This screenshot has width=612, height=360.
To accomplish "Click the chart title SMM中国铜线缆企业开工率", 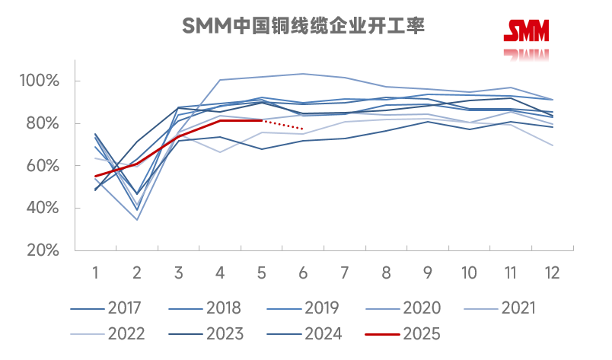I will [303, 27].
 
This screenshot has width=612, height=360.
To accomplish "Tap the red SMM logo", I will [526, 30].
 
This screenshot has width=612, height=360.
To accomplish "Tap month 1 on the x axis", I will [96, 272].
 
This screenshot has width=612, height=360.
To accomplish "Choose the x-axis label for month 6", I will [303, 272].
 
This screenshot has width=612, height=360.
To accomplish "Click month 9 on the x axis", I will [428, 272].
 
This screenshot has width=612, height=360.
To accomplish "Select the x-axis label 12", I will [553, 272].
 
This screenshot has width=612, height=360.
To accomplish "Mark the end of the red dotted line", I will [303, 129].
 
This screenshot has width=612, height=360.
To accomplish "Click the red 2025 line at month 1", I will [96, 176].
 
